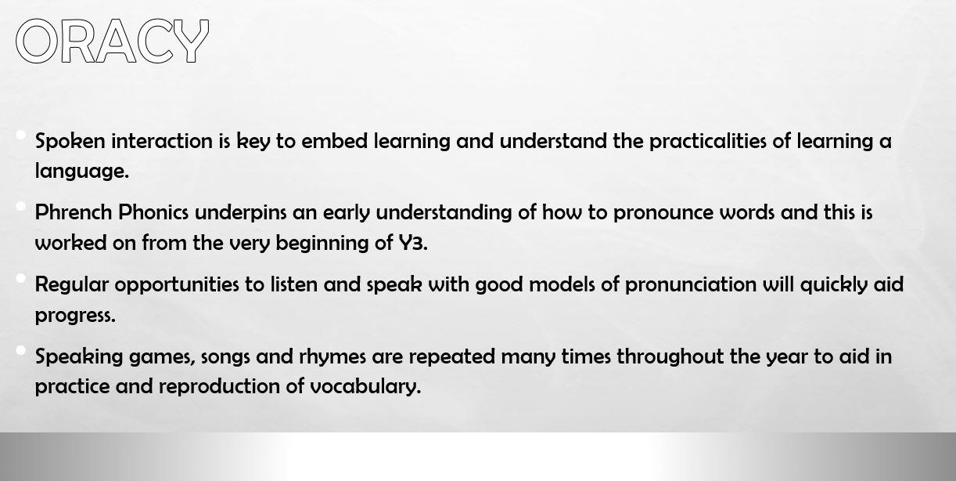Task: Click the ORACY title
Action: pyautogui.click(x=112, y=41)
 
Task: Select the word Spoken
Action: pyautogui.click(x=70, y=141)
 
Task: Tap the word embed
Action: pyautogui.click(x=335, y=141)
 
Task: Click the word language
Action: pyautogui.click(x=82, y=172)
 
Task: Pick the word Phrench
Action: pyautogui.click(x=74, y=212)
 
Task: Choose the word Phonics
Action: pyautogui.click(x=153, y=212)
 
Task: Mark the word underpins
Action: pyautogui.click(x=241, y=213)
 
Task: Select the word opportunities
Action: pyautogui.click(x=177, y=285)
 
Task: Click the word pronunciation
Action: pyautogui.click(x=691, y=285)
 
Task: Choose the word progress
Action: pyautogui.click(x=76, y=316)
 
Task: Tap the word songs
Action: pyautogui.click(x=225, y=357)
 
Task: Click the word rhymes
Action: pyautogui.click(x=332, y=356)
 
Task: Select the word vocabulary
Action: pyautogui.click(x=365, y=386)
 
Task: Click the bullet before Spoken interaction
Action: pyautogui.click(x=20, y=135)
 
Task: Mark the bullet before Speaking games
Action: pyautogui.click(x=20, y=351)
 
